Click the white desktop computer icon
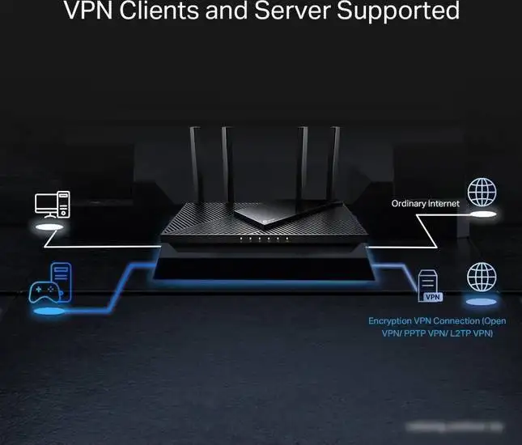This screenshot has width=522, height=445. click(x=53, y=205)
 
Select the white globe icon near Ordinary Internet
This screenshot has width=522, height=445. click(x=482, y=192)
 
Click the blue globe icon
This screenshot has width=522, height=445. click(x=482, y=278)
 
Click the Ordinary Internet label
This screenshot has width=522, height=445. click(x=425, y=204)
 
